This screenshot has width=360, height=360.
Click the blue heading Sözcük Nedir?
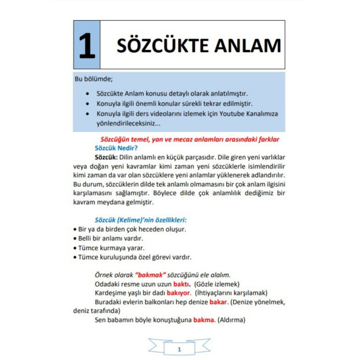coord(116,148)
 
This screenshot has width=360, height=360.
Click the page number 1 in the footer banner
coord(179,349)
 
